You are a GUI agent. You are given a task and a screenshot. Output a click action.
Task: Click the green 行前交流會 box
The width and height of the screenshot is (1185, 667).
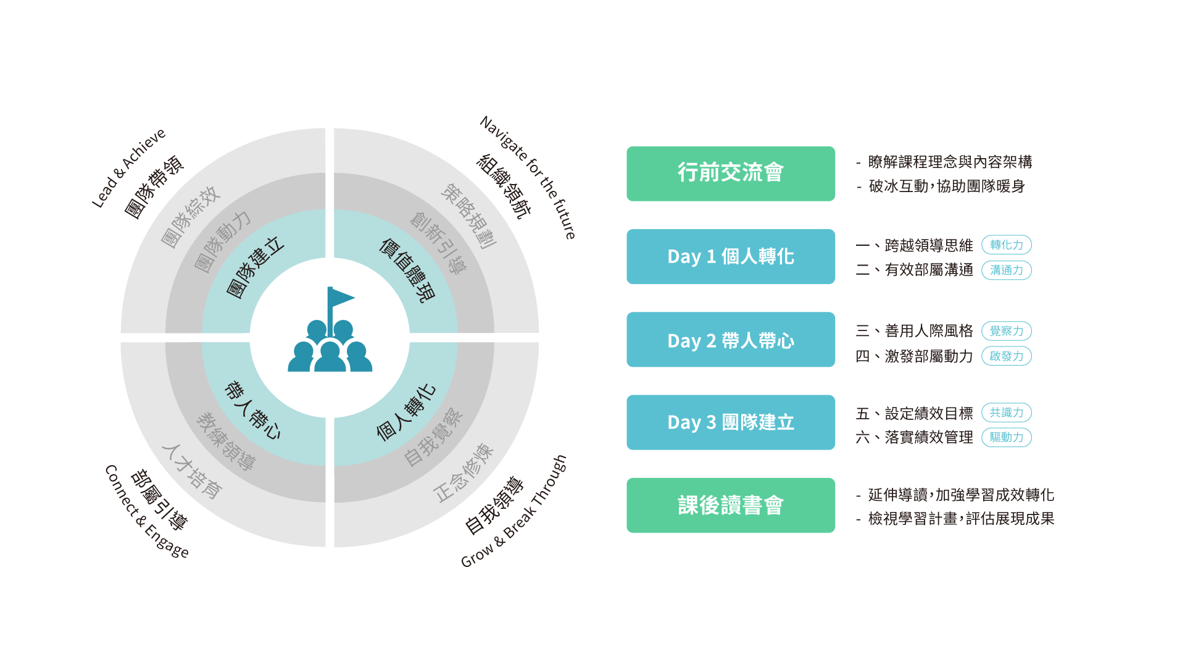pos(731,174)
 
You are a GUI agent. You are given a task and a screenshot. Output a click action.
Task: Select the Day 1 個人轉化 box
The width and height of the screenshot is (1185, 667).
pos(731,256)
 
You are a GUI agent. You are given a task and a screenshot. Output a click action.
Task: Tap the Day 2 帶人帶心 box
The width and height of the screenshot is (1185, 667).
pos(731,340)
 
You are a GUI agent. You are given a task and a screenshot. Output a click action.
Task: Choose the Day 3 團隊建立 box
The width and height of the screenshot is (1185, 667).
pos(731,422)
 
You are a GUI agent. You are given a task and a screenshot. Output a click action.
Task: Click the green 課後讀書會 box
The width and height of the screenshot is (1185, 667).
pos(731,505)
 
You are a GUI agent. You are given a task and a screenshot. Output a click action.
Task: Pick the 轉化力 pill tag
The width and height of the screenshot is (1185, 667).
pos(1007,245)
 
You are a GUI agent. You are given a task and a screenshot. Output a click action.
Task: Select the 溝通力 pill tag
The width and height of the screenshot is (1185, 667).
pos(1007,270)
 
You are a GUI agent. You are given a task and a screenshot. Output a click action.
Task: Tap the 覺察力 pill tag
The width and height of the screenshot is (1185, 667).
pos(1007,331)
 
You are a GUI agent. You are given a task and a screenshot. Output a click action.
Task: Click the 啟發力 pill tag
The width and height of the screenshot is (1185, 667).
pos(1007,356)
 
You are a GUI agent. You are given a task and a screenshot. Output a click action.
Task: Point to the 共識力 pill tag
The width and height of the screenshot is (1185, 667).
pos(1007,413)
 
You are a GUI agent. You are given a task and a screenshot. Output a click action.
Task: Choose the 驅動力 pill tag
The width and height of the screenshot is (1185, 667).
pos(1007,437)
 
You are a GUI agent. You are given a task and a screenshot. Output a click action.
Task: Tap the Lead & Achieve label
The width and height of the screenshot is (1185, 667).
pos(129,168)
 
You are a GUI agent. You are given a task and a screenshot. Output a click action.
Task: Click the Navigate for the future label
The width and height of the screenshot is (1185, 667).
pos(528,177)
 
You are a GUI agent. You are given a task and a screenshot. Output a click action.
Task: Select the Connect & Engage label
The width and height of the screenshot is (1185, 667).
pos(147,511)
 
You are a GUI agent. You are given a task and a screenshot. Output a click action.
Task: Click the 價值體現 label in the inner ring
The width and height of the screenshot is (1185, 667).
pos(407,271)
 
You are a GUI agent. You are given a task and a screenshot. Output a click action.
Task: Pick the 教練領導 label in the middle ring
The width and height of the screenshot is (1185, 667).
pos(226,442)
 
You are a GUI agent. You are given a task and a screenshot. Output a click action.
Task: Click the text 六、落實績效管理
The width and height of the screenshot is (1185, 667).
pos(914,437)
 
